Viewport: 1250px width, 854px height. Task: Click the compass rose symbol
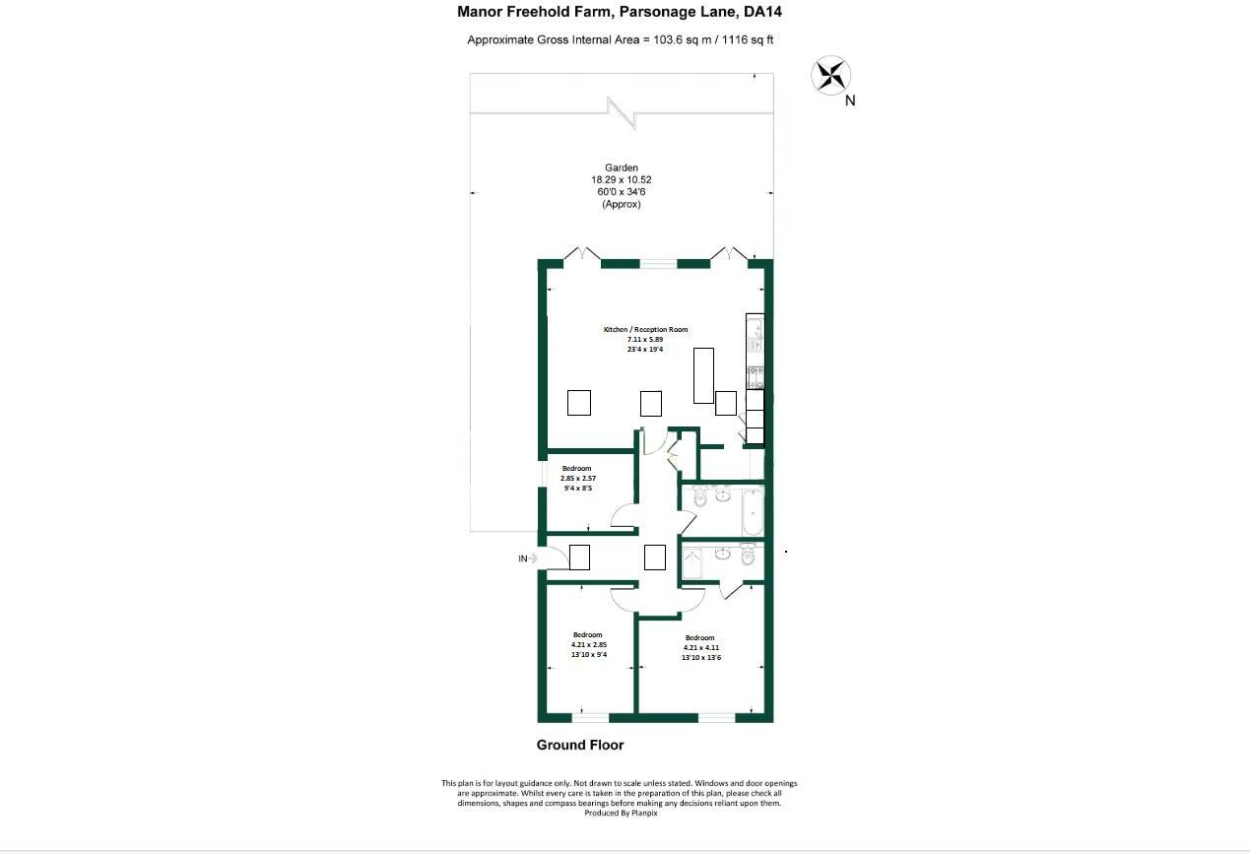830,75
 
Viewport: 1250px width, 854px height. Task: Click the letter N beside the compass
850,100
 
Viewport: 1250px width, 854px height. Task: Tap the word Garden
621,168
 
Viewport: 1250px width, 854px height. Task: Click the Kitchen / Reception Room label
645,329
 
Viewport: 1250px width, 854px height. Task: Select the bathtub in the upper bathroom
752,510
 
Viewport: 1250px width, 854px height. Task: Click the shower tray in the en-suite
691,564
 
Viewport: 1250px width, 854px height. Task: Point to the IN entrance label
523,558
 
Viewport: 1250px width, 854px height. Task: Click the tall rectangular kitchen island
703,375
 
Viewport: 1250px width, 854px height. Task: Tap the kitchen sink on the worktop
755,336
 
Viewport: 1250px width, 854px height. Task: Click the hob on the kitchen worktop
756,376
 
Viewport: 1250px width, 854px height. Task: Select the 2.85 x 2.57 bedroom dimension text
578,478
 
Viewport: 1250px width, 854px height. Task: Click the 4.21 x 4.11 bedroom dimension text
701,647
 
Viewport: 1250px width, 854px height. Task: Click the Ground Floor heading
579,745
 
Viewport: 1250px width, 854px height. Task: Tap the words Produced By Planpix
619,813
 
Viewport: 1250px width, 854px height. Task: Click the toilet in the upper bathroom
700,499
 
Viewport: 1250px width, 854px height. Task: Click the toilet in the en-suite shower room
747,557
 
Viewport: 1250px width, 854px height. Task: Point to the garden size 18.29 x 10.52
621,180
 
